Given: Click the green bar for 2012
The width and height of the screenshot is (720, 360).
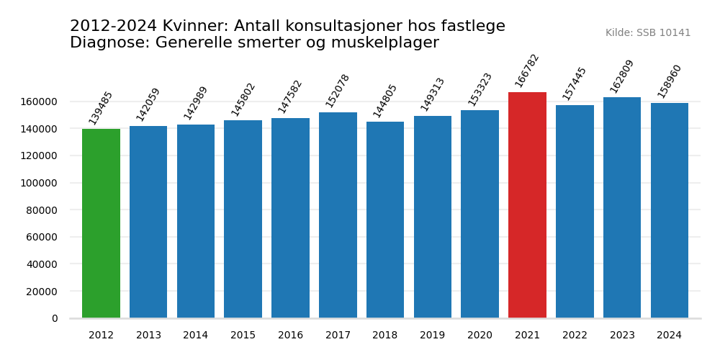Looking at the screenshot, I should tap(101, 223).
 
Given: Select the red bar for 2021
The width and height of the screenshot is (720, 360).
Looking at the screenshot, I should tap(527, 205).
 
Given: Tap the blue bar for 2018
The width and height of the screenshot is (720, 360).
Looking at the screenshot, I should tap(385, 220).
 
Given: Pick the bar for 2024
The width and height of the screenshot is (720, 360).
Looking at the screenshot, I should tap(670, 210).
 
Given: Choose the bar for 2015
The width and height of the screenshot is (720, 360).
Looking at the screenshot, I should tap(243, 219).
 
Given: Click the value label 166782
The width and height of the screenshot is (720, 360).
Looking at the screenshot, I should tap(527, 71).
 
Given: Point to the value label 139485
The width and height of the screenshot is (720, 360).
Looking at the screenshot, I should tap(101, 108).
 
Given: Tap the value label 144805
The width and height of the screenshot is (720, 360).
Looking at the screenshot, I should tap(385, 101).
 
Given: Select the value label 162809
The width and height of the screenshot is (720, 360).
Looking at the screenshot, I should tap(622, 76).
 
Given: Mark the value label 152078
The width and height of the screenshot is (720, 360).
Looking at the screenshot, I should tap(338, 91).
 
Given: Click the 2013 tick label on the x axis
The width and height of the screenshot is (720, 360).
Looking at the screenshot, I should tap(148, 336).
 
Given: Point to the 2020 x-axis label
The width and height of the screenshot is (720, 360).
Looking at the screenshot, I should tap(480, 336).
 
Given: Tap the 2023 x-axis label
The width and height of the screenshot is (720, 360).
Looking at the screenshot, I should tap(622, 336).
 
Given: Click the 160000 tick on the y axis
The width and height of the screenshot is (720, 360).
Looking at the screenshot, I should tap(39, 102).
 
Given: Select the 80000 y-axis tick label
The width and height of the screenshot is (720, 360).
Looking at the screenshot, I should tap(42, 210).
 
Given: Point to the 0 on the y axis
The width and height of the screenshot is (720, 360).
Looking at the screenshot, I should tap(55, 318).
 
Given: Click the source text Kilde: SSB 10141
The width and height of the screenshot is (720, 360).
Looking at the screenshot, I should tap(647, 33).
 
